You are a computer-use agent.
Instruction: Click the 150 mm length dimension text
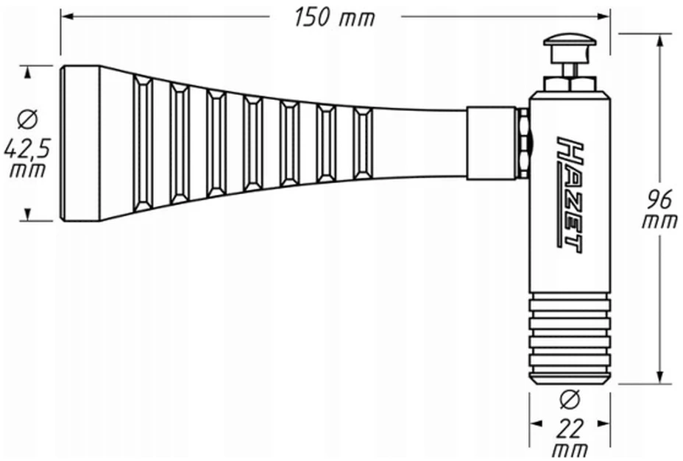tap(334, 18)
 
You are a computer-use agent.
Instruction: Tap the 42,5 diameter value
tap(27, 149)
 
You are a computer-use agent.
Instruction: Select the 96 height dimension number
tap(659, 200)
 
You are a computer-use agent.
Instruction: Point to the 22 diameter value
tap(570, 429)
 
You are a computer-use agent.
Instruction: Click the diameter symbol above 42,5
tap(27, 120)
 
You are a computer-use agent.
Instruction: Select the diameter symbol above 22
tap(570, 400)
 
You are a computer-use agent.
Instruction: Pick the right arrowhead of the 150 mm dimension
tap(604, 16)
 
